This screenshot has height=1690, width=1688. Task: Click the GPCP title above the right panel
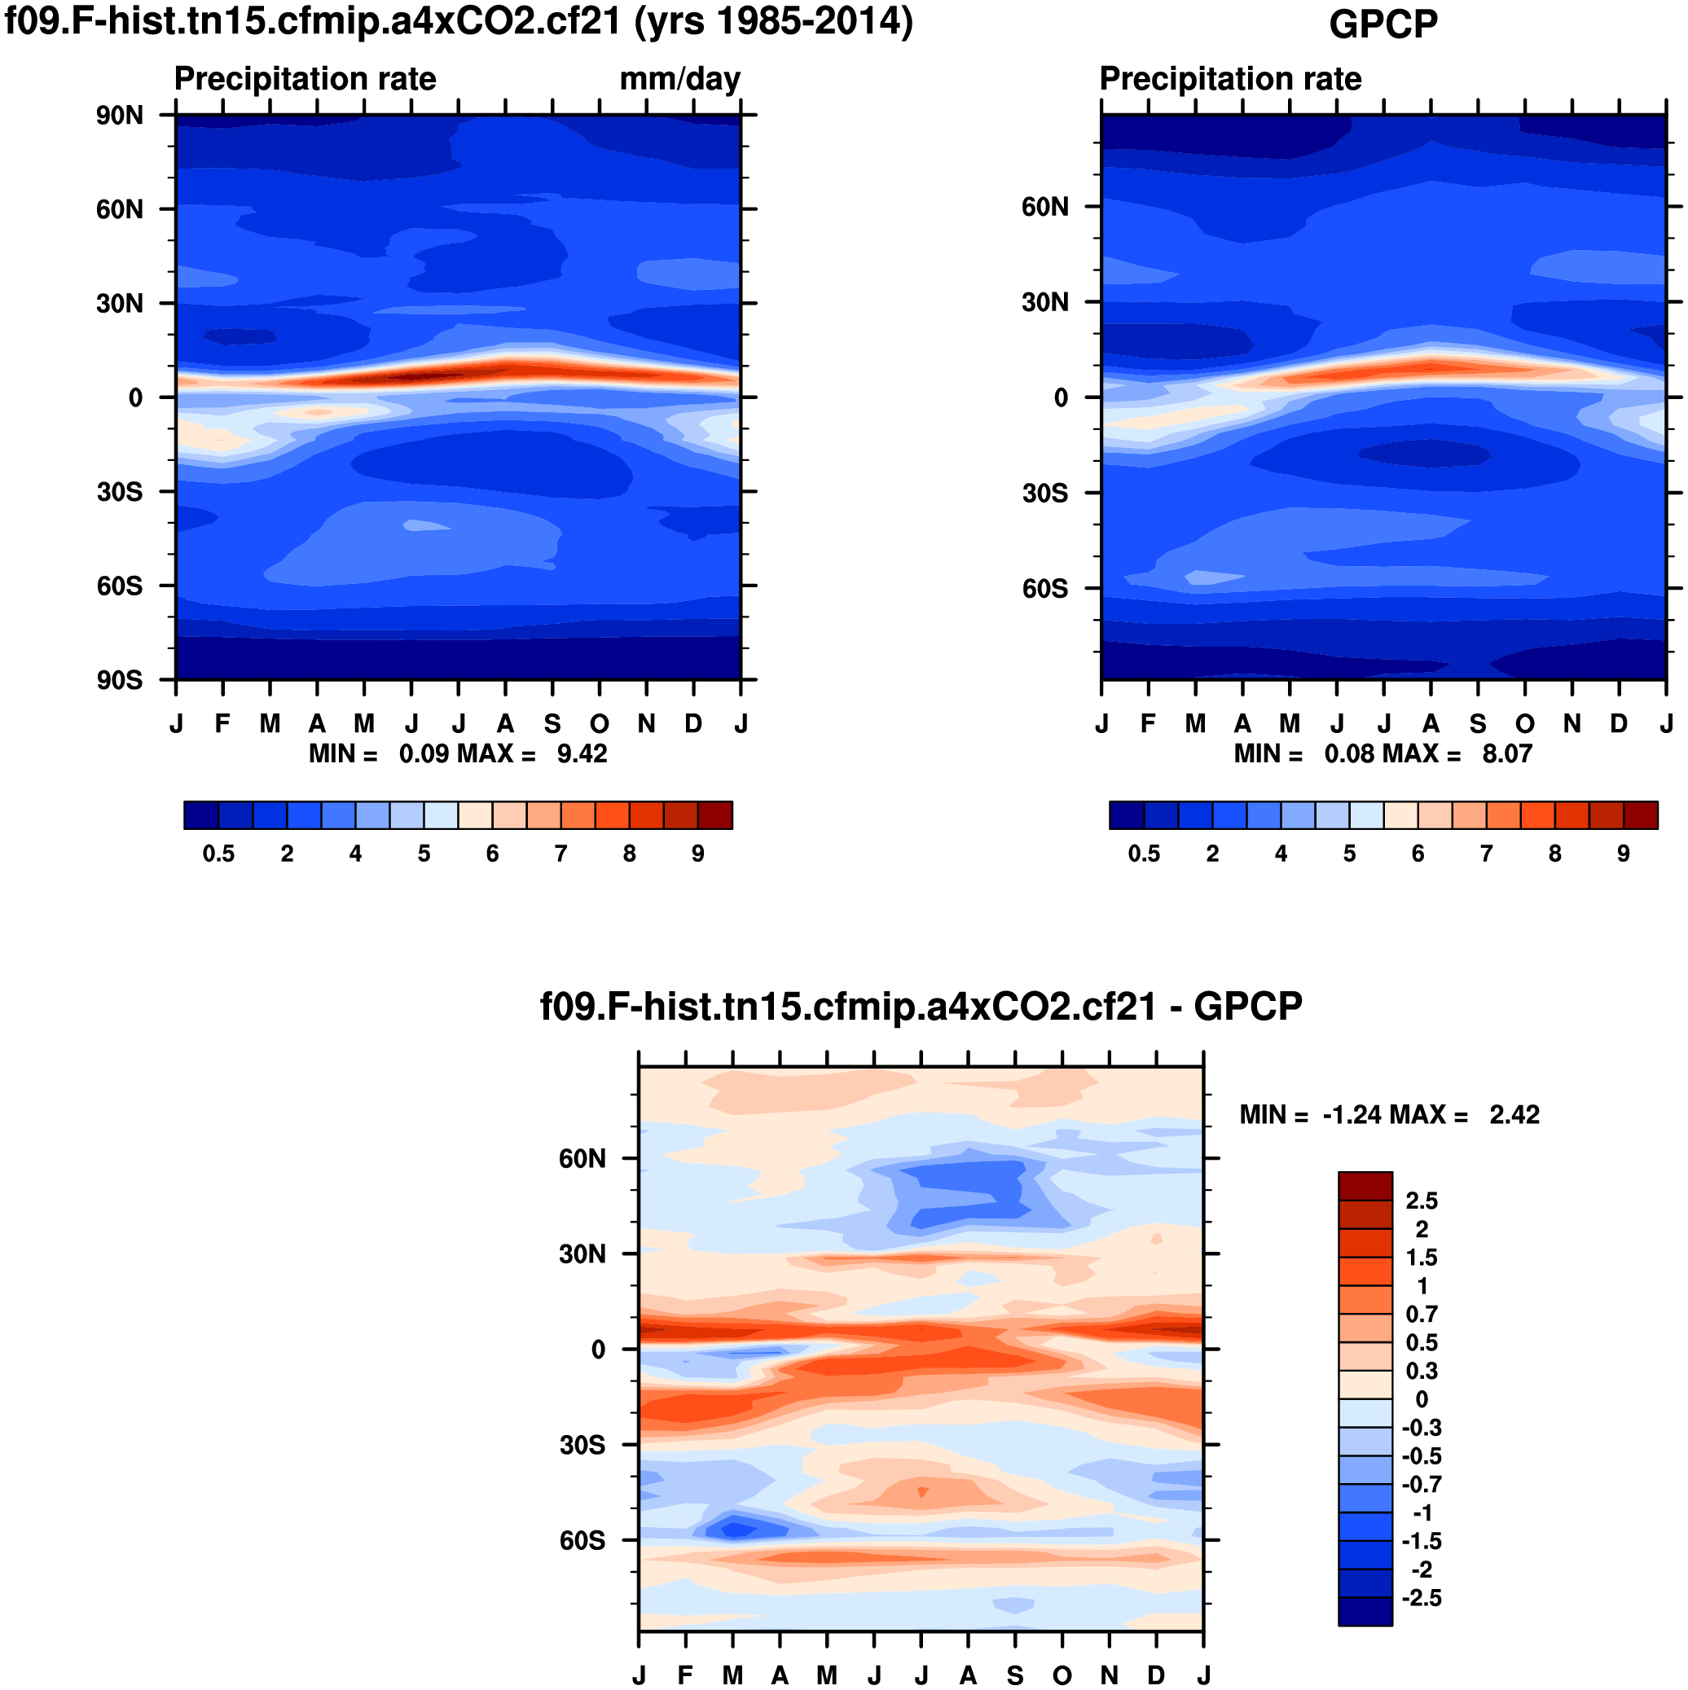point(1382,24)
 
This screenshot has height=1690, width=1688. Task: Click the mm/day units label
point(679,79)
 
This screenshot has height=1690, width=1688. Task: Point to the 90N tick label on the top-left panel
point(119,115)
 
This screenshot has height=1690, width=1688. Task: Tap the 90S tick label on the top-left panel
point(119,680)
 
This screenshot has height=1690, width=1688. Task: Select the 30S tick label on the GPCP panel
point(1045,494)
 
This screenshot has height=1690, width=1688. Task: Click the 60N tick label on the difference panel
point(582,1159)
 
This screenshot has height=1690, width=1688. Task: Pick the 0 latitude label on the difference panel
point(599,1350)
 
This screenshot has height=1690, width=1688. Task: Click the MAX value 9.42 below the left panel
point(582,753)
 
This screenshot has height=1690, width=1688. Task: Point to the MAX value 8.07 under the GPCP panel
point(1507,753)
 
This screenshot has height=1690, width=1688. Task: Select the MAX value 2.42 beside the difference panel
point(1514,1114)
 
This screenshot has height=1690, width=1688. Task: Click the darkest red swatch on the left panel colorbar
point(715,814)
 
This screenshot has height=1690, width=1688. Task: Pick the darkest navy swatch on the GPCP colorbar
point(1126,814)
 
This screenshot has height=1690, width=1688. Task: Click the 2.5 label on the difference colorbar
point(1421,1201)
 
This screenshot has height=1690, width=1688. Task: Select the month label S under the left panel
point(552,724)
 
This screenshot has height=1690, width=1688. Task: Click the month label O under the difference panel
point(1062,1675)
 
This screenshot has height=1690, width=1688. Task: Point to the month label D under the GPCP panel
point(1619,724)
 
